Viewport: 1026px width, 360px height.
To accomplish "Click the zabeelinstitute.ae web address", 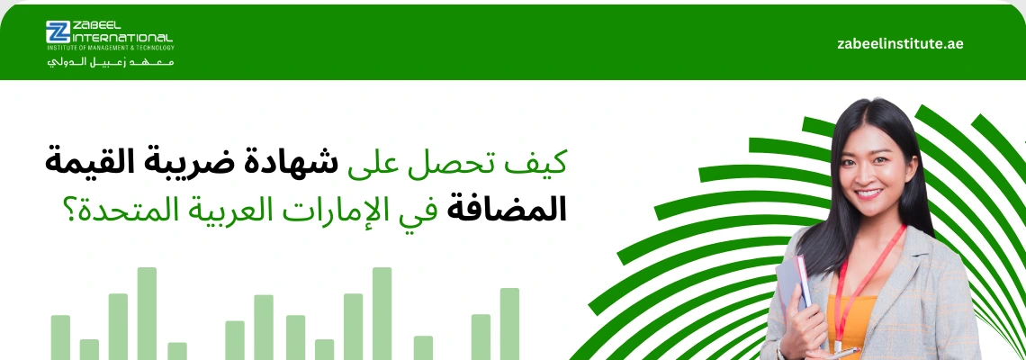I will click(899, 43).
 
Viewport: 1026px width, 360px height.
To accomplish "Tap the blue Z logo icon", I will click(58, 31).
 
